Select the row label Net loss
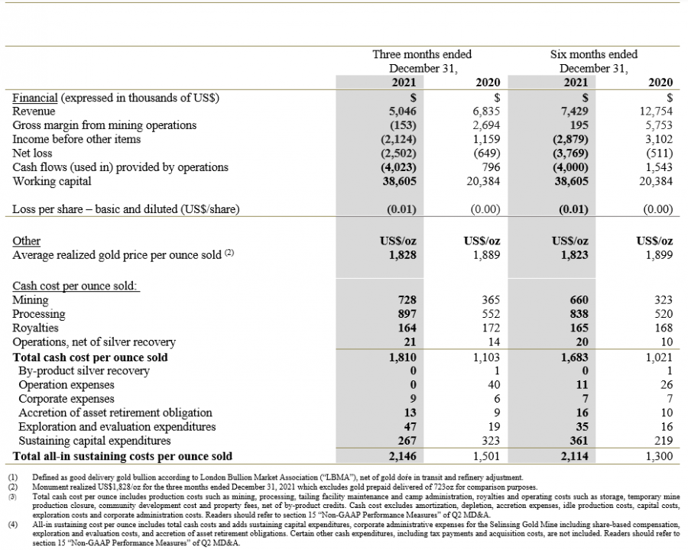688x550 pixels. tap(32, 153)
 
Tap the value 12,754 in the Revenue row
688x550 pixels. tap(656, 112)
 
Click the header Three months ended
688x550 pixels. tap(422, 54)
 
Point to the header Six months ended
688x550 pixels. tap(594, 54)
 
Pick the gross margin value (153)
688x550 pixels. tap(403, 125)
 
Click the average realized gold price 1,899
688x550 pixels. tap(659, 255)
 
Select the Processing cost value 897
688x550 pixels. tap(407, 314)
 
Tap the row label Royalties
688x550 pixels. tap(35, 328)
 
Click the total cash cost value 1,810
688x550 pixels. tap(402, 357)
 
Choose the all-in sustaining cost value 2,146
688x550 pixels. tap(402, 456)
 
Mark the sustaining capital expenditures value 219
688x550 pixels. tap(664, 440)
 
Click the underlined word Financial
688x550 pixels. tap(34, 97)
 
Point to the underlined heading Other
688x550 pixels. tap(26, 241)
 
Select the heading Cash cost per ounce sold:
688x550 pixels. tap(75, 286)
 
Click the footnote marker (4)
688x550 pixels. tap(13, 525)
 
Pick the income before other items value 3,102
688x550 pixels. tap(659, 140)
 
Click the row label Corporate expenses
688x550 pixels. tap(67, 399)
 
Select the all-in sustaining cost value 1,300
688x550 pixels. tap(659, 456)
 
